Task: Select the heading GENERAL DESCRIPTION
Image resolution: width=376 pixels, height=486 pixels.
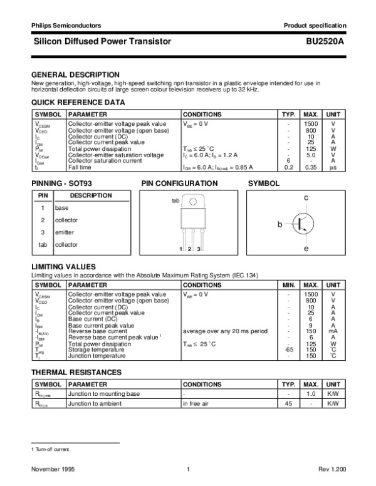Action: [75, 74]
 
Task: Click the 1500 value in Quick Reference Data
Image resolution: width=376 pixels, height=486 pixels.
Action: [310, 125]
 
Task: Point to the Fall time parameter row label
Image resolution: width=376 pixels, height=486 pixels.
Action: [81, 167]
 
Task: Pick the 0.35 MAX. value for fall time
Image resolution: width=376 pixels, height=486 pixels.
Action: [310, 167]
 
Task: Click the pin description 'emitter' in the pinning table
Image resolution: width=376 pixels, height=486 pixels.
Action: [65, 232]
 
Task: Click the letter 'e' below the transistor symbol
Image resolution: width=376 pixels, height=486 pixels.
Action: [306, 249]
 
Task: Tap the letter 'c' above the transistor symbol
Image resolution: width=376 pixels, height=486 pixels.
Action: [306, 197]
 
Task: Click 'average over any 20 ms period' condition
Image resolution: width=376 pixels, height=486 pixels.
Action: [225, 331]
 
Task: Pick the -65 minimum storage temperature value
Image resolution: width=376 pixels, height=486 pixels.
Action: [288, 349]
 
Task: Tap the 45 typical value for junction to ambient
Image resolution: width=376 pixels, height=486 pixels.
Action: [288, 403]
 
